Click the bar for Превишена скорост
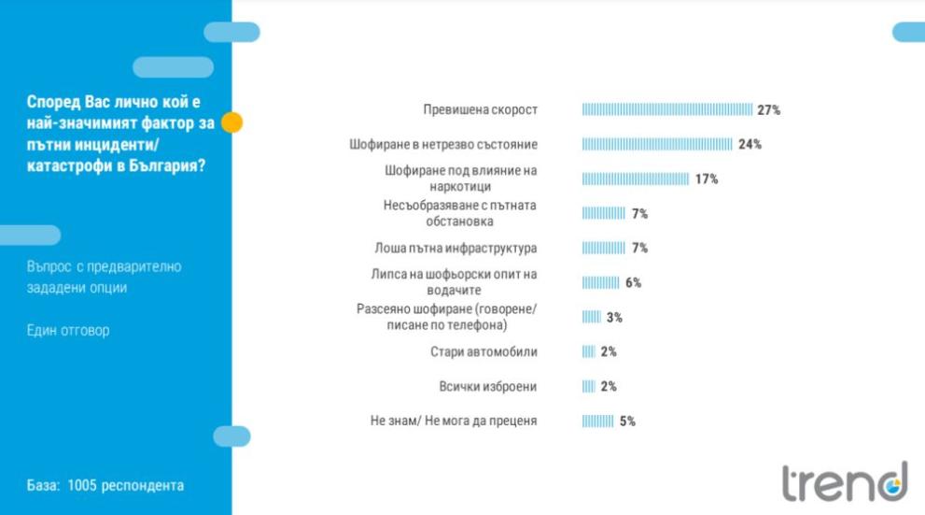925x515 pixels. coord(666,110)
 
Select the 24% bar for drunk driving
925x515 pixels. coord(657,145)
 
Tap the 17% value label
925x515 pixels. coord(707,179)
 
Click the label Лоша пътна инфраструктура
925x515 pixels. coord(456,249)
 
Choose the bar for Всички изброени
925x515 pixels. coord(588,387)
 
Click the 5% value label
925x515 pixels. coord(627,422)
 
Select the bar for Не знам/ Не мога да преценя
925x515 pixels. coord(597,422)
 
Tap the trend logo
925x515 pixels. coord(844,481)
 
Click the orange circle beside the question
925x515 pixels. coord(231,122)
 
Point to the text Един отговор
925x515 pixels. coord(68,331)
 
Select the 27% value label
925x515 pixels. coord(769,110)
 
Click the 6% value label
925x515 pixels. coord(633,283)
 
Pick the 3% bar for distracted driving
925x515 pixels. coord(591,318)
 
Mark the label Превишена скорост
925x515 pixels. coord(480,110)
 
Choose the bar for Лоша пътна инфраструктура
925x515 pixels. coord(603,249)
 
